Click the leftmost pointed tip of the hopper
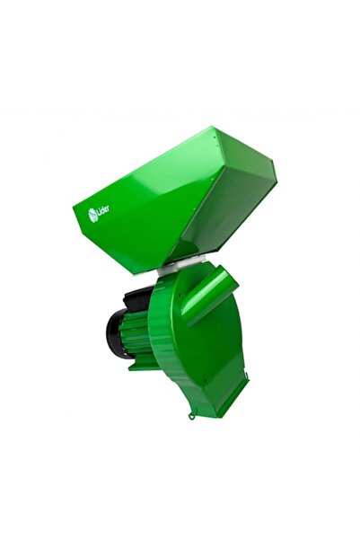(x=75, y=212)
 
